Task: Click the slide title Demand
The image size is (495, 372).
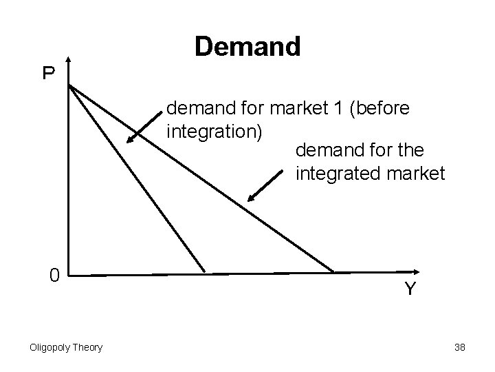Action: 247,47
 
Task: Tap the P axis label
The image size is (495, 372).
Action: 48,73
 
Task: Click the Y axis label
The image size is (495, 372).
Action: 409,288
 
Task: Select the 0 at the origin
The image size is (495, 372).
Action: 53,275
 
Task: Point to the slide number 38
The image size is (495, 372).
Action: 460,347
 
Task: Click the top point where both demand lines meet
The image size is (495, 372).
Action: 69,85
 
